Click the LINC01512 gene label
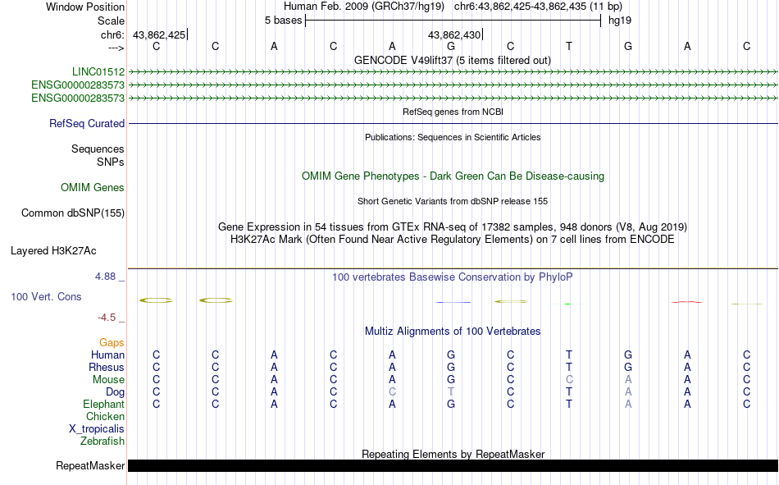click(x=98, y=72)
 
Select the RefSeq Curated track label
click(x=87, y=124)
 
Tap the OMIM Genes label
click(x=93, y=188)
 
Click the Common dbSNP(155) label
click(x=73, y=213)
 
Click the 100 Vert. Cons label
click(x=46, y=297)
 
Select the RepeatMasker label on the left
click(x=90, y=466)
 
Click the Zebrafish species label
click(x=102, y=442)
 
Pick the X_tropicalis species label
click(x=97, y=429)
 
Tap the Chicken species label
click(x=105, y=417)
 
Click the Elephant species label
click(x=103, y=405)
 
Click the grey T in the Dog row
click(x=451, y=392)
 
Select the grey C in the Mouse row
click(x=569, y=380)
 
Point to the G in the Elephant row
click(x=451, y=405)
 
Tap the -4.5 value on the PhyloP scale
click(x=107, y=318)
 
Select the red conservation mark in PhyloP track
click(x=686, y=302)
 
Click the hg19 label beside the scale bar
click(x=619, y=21)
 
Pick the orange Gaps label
click(x=112, y=342)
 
